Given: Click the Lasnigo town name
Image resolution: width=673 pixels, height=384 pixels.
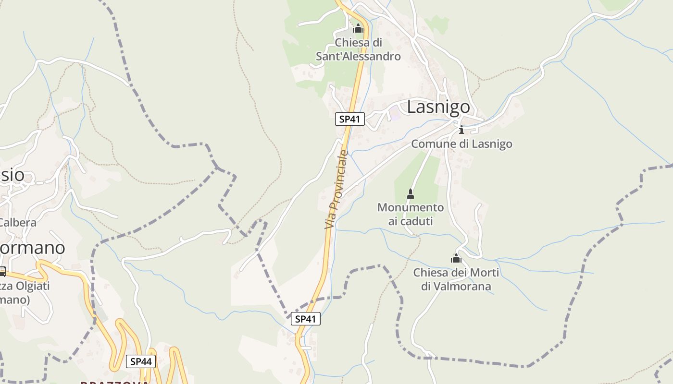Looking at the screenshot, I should (x=438, y=107).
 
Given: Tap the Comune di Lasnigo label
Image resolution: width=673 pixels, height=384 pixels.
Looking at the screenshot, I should (x=461, y=144).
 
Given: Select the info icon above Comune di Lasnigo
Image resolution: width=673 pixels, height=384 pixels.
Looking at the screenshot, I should (x=461, y=130).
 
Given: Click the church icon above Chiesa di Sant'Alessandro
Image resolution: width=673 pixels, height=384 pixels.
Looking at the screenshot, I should (x=358, y=29).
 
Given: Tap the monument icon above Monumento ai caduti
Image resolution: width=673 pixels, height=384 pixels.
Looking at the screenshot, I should (x=411, y=194).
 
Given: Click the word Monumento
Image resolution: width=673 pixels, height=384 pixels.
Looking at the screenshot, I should (x=411, y=207).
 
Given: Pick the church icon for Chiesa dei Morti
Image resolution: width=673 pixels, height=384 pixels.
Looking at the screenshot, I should (x=456, y=259).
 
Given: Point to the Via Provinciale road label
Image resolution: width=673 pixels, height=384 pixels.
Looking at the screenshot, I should (x=336, y=189).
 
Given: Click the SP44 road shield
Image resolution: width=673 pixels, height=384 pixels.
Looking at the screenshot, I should (x=141, y=361).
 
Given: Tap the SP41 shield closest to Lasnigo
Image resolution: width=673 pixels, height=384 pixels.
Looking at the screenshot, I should (x=350, y=119).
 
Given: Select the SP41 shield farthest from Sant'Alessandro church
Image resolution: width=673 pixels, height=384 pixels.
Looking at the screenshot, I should (x=306, y=319).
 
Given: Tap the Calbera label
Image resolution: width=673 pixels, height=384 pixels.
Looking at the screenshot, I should (x=18, y=223).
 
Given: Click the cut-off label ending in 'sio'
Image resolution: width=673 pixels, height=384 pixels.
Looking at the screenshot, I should (x=12, y=175).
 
